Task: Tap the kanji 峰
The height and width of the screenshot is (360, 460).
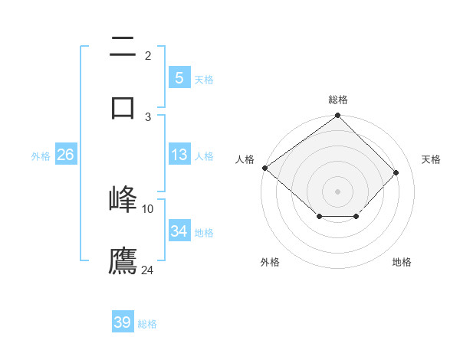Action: pyautogui.click(x=123, y=198)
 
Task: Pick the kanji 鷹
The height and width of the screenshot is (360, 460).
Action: pyautogui.click(x=123, y=260)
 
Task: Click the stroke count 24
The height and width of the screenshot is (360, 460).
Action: pyautogui.click(x=148, y=270)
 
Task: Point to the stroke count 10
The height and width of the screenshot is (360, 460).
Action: pyautogui.click(x=148, y=208)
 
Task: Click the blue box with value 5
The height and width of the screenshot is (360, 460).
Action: pyautogui.click(x=179, y=77)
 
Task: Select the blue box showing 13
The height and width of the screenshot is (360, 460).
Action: pyautogui.click(x=179, y=155)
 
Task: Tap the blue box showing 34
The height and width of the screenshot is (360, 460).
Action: pyautogui.click(x=179, y=231)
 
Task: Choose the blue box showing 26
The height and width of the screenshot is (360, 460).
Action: pyautogui.click(x=65, y=155)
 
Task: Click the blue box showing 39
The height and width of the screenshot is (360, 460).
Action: pyautogui.click(x=123, y=322)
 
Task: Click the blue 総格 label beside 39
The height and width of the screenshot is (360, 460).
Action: pyautogui.click(x=147, y=324)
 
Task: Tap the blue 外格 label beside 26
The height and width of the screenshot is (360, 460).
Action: pyautogui.click(x=41, y=155)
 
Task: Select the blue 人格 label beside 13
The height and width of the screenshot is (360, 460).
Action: pyautogui.click(x=204, y=155)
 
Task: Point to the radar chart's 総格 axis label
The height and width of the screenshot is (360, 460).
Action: pyautogui.click(x=338, y=100)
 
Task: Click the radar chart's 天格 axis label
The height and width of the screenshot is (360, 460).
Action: pyautogui.click(x=432, y=159)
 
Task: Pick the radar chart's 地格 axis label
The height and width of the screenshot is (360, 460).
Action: pyautogui.click(x=402, y=262)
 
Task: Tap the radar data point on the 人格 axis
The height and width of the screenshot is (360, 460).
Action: pyautogui.click(x=264, y=168)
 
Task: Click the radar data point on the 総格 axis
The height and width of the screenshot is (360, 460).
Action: pyautogui.click(x=338, y=116)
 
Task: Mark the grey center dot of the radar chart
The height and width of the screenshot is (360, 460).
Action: pyautogui.click(x=338, y=191)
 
